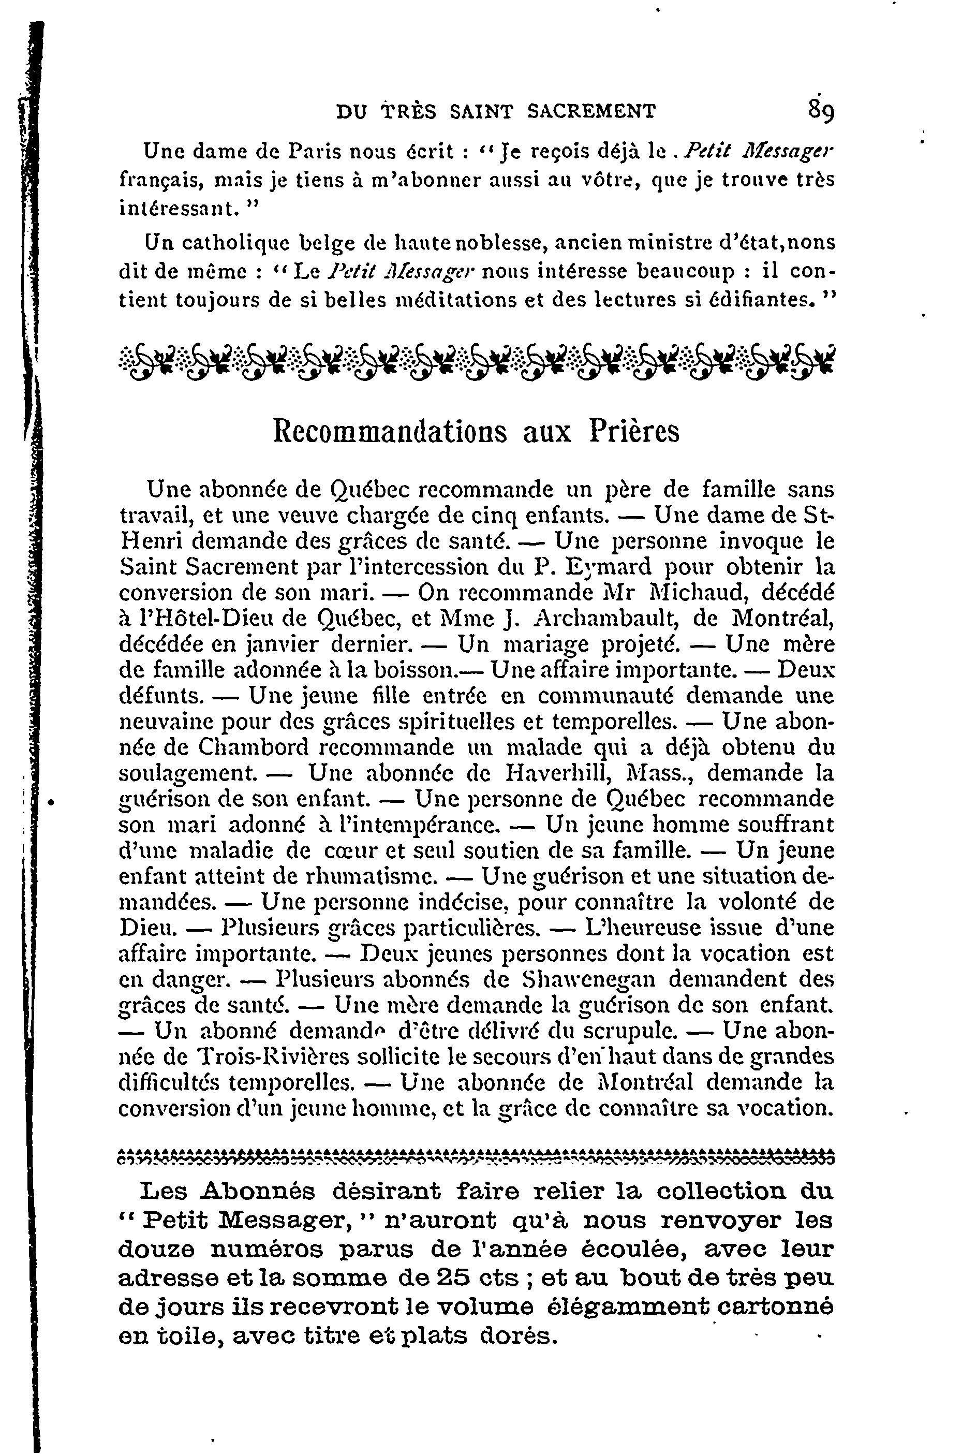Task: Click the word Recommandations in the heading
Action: (x=390, y=431)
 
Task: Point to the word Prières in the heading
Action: (x=634, y=431)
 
